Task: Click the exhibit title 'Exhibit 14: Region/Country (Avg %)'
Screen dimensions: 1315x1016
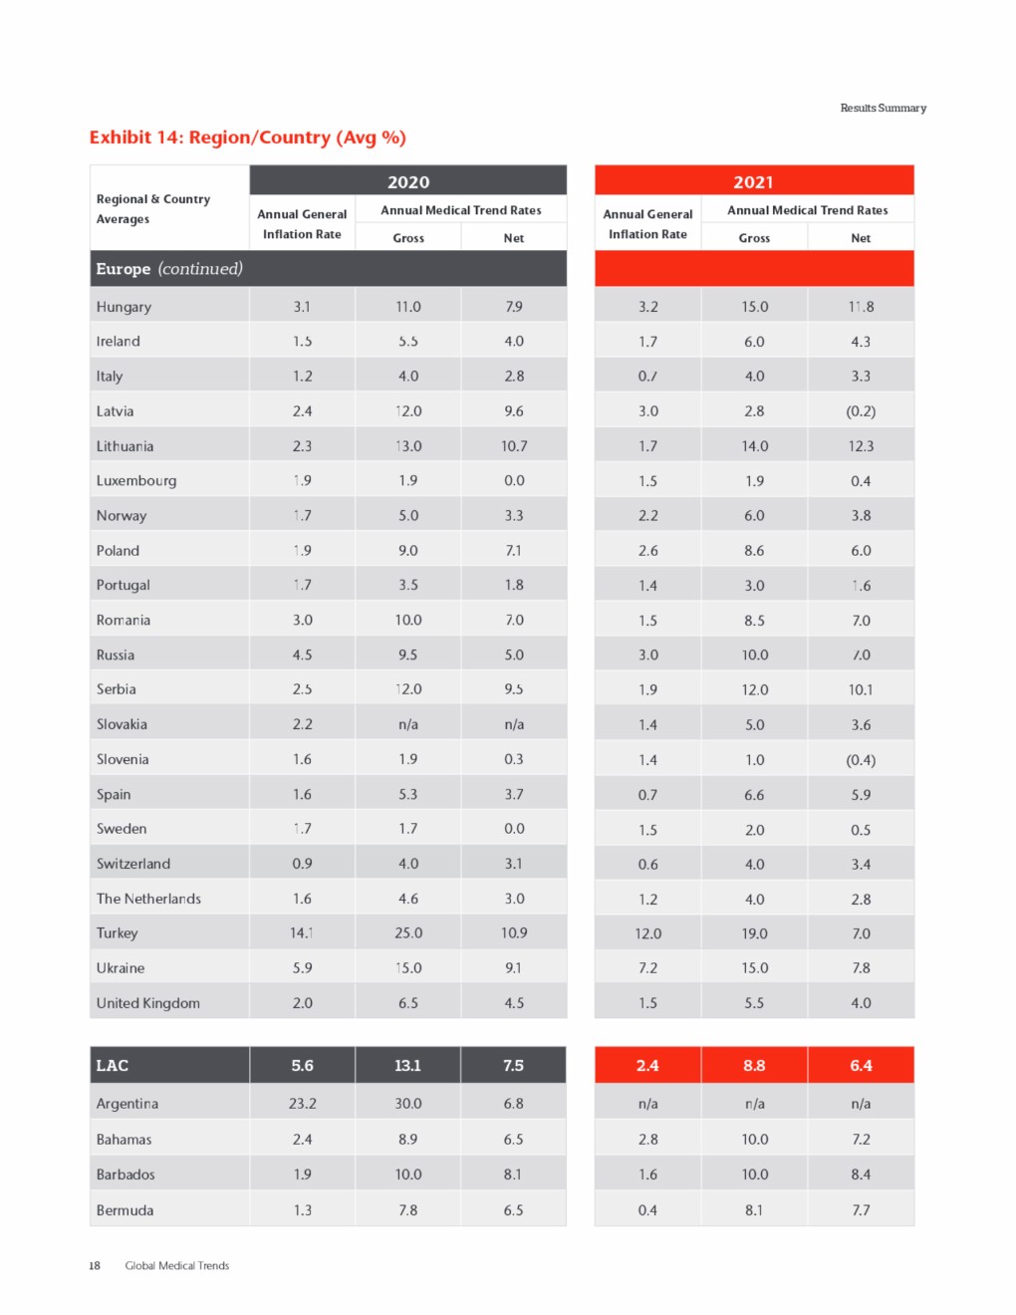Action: point(247,137)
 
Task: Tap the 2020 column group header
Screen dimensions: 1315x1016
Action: point(408,181)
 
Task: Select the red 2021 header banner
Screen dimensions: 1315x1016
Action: point(754,181)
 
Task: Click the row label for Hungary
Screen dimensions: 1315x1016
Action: point(124,307)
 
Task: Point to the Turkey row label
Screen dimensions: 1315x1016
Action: point(117,933)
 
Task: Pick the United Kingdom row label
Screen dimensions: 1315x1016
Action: point(147,1003)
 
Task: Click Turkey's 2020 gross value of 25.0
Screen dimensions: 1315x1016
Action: point(408,933)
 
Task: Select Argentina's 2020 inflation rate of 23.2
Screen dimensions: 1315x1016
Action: point(302,1104)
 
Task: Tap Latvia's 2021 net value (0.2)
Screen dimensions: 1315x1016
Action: point(861,411)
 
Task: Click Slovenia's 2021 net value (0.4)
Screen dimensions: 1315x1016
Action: point(861,760)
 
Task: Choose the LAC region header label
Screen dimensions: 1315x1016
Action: point(113,1065)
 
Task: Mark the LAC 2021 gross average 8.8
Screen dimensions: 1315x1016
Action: point(754,1065)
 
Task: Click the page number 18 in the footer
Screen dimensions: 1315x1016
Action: point(95,1265)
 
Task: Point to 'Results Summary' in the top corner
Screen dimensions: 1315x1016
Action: point(883,108)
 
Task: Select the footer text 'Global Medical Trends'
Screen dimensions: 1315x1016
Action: point(176,1265)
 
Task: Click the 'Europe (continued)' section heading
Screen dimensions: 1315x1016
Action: point(168,269)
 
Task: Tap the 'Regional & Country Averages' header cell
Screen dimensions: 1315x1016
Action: point(152,209)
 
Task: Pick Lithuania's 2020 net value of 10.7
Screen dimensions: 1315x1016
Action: point(514,446)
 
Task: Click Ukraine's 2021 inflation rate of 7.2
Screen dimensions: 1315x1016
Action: point(647,968)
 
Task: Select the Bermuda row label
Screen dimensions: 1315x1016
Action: point(125,1210)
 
